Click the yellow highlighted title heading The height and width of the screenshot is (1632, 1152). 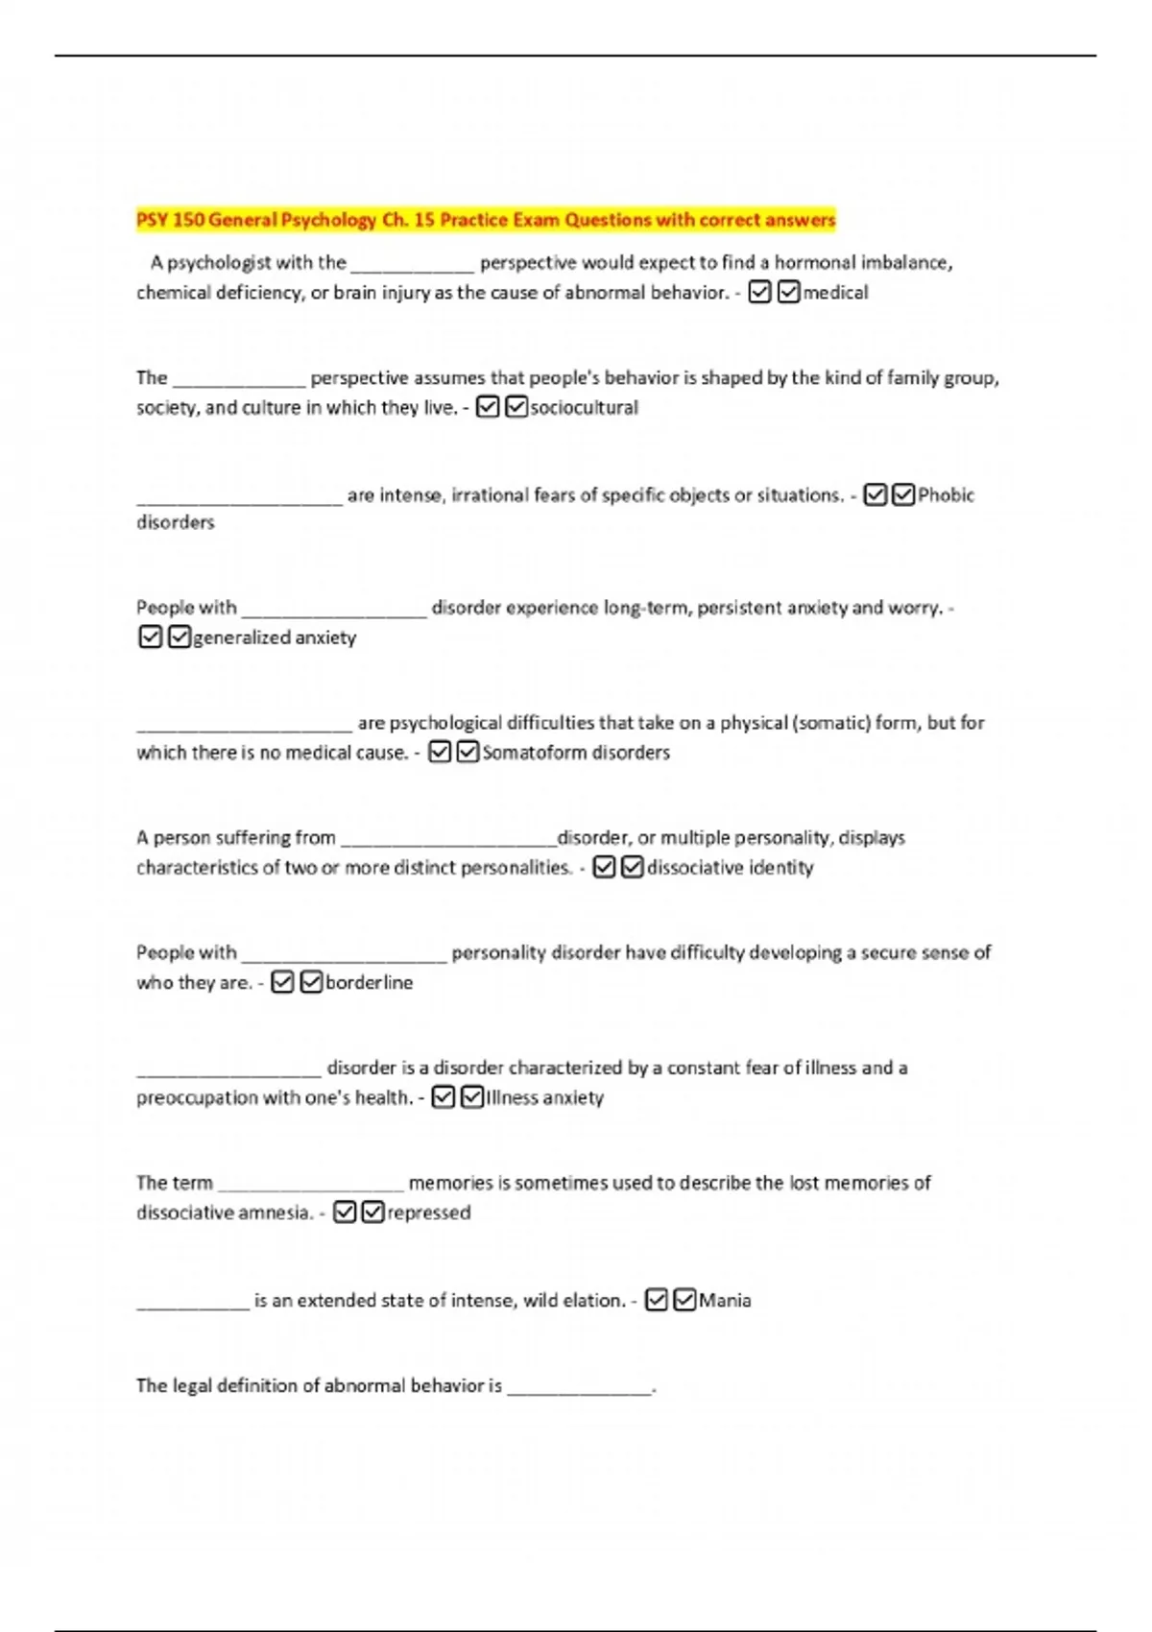click(486, 220)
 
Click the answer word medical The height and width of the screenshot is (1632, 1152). click(835, 293)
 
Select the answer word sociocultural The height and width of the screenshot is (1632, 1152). click(584, 408)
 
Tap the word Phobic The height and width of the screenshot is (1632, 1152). click(946, 495)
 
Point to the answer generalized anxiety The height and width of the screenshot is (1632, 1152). click(275, 637)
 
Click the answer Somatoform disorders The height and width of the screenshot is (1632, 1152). click(576, 753)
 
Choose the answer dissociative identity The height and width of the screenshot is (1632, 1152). click(730, 868)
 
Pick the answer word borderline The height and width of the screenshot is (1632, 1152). click(369, 983)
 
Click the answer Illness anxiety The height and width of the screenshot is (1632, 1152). click(544, 1097)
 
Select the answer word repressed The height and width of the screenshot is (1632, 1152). click(428, 1212)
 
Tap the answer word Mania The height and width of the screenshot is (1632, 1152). click(725, 1301)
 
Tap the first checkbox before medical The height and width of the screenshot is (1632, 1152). click(759, 292)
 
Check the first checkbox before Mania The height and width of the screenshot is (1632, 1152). click(657, 1300)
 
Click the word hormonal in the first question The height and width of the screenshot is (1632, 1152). click(815, 263)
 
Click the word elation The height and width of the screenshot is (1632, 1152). click(593, 1301)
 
